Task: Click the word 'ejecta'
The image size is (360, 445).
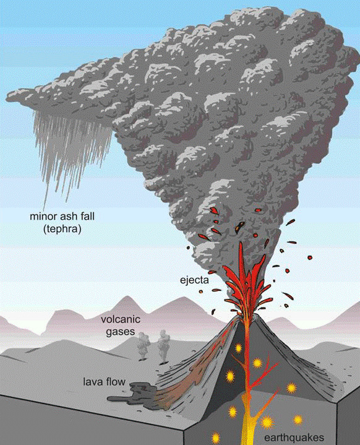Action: point(194,280)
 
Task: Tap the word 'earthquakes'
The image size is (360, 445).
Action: point(294,438)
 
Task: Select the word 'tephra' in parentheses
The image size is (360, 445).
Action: point(62,229)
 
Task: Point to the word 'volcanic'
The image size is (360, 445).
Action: point(121,319)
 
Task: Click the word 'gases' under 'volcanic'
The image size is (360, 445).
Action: point(120,331)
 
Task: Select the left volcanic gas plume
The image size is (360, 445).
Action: point(144,346)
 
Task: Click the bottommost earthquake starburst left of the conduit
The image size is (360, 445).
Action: point(216,436)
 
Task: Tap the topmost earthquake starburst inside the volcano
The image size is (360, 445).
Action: point(238,348)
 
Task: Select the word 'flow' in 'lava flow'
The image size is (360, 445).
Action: point(116,381)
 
